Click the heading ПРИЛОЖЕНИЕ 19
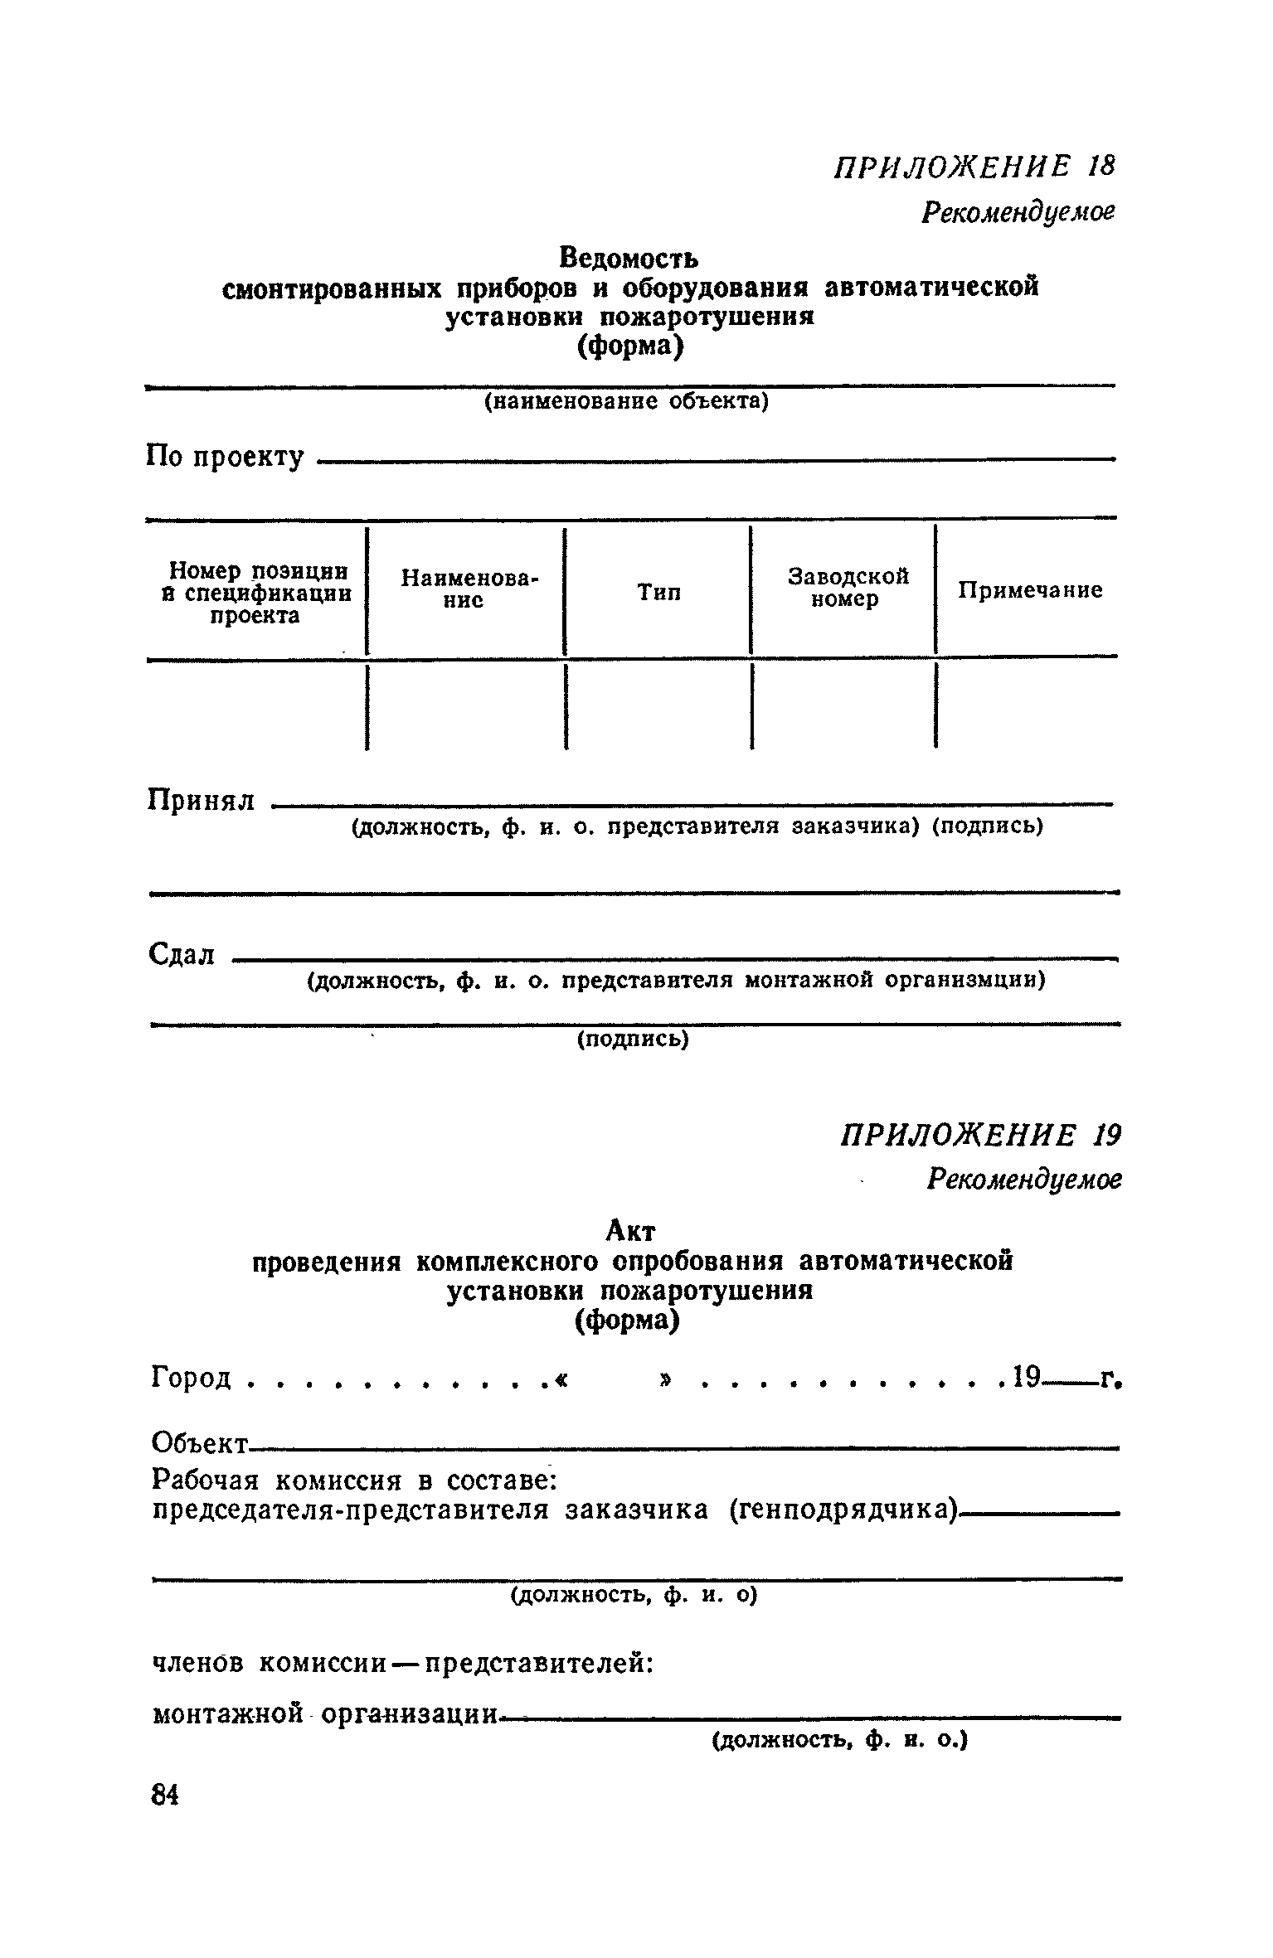click(979, 1137)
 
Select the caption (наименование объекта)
click(627, 402)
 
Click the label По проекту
click(225, 456)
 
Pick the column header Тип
click(658, 592)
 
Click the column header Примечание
click(1030, 590)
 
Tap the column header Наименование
click(469, 589)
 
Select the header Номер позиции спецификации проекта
click(256, 593)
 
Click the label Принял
click(202, 800)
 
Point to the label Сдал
click(182, 954)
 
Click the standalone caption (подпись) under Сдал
click(633, 1040)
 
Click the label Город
click(192, 1379)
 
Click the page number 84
click(166, 1796)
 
